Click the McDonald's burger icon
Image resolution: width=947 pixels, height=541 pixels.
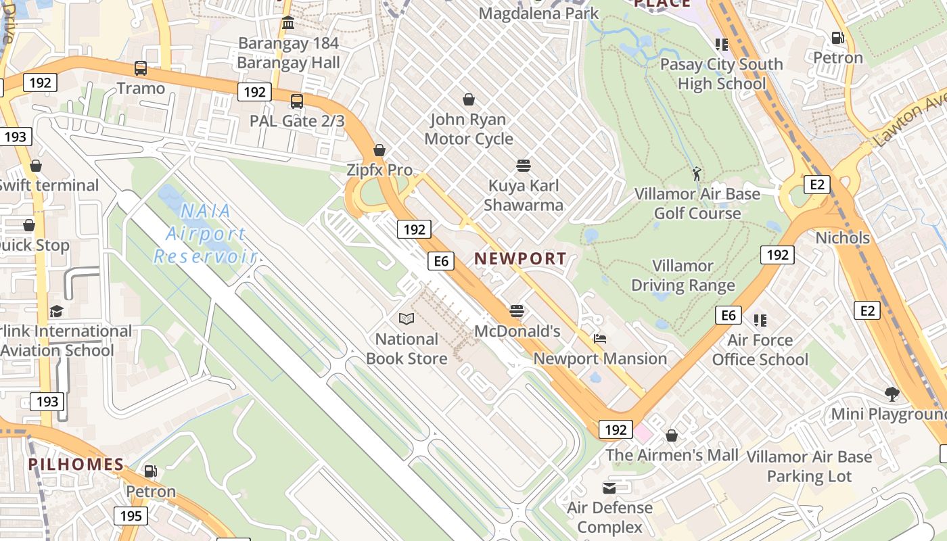click(x=517, y=311)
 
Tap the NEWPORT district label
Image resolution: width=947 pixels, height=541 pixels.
click(x=520, y=258)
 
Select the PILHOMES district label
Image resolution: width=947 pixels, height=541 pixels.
click(x=76, y=465)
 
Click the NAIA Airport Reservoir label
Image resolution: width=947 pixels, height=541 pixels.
click(x=205, y=233)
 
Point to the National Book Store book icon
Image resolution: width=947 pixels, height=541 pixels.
click(x=406, y=319)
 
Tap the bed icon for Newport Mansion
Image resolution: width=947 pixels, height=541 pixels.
click(x=600, y=339)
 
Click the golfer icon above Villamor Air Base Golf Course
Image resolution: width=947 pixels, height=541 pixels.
click(x=697, y=174)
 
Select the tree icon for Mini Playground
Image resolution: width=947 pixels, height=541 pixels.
click(x=892, y=394)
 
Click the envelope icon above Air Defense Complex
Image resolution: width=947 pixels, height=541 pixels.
click(x=609, y=488)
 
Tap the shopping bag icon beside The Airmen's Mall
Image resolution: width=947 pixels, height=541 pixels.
click(x=672, y=436)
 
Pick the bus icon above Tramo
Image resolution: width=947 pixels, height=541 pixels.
click(x=141, y=68)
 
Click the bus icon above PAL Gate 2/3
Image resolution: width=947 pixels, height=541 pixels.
click(x=296, y=101)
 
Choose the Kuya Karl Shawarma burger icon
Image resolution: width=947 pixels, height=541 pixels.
click(x=523, y=165)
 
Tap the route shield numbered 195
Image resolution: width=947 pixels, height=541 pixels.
click(x=131, y=516)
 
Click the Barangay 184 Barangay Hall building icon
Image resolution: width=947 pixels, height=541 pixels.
click(x=288, y=23)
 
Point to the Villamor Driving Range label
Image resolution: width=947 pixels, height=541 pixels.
click(x=683, y=275)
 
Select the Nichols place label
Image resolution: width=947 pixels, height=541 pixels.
click(x=842, y=238)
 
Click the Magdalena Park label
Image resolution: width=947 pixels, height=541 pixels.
click(x=538, y=13)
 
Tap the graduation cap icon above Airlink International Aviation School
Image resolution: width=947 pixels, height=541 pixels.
click(x=56, y=311)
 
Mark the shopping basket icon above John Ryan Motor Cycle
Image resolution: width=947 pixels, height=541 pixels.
click(x=468, y=100)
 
